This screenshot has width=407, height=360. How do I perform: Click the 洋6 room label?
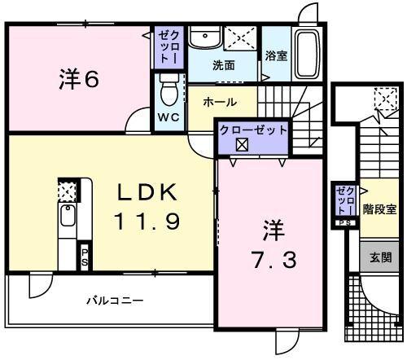(x=80, y=81)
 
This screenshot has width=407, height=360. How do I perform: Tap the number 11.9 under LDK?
(x=147, y=221)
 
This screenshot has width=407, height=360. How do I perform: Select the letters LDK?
(x=147, y=192)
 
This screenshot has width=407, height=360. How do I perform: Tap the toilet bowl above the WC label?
(x=168, y=90)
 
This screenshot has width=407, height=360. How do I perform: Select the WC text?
(x=168, y=117)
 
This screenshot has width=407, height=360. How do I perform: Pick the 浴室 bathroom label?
(x=276, y=55)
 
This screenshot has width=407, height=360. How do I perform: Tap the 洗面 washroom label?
(x=224, y=64)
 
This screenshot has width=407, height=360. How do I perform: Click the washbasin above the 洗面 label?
(x=205, y=37)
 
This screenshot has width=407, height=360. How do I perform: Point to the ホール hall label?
(x=220, y=103)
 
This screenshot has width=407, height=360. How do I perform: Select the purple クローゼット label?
(x=252, y=130)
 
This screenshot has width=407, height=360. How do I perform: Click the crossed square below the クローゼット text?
(x=242, y=146)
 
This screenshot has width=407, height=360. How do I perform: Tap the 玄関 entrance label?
(x=380, y=257)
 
